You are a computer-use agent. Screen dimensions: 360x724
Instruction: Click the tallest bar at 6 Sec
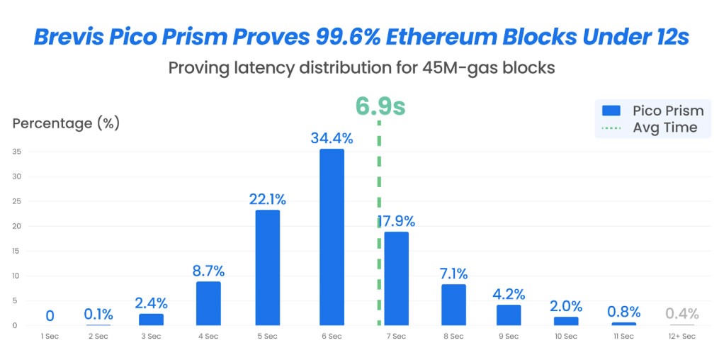pos(332,237)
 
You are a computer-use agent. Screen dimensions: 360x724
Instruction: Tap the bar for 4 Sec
pos(208,303)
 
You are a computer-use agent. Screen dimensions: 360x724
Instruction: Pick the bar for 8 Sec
pos(453,305)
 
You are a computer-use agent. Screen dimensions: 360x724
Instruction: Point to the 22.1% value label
pos(266,200)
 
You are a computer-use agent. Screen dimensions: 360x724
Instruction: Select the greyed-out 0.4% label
pos(682,313)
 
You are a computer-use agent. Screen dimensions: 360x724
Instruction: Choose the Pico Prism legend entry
pos(652,111)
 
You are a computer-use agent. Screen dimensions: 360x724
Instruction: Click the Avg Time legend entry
pos(652,128)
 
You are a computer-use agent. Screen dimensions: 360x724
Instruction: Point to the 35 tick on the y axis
pos(16,151)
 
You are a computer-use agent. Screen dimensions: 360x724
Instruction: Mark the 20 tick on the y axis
pos(16,226)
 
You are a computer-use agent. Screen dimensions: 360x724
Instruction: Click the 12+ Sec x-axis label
pos(682,336)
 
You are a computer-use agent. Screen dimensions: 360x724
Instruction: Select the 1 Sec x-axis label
pos(50,336)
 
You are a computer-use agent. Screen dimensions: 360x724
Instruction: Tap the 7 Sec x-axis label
pos(395,336)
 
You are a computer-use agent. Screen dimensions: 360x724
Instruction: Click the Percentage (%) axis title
pos(66,123)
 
